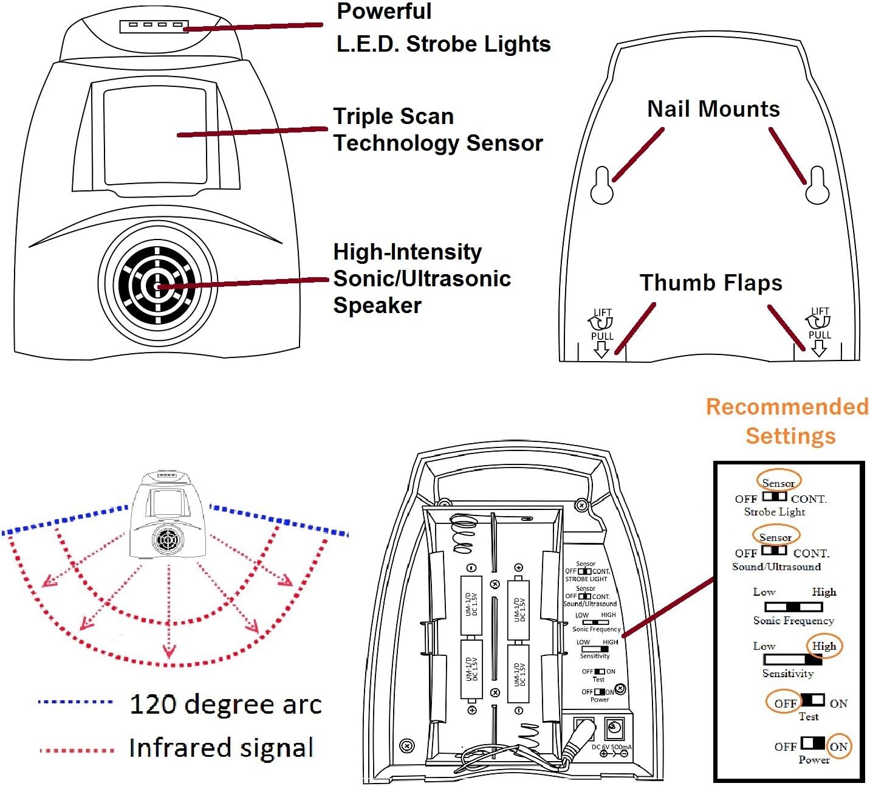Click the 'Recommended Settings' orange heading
pyautogui.click(x=787, y=421)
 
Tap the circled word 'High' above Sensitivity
pyautogui.click(x=824, y=646)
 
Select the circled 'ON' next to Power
pyautogui.click(x=838, y=746)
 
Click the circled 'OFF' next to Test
pyautogui.click(x=785, y=703)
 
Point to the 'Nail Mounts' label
pyautogui.click(x=713, y=109)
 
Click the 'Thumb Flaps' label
pyautogui.click(x=711, y=283)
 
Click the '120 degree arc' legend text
pyautogui.click(x=225, y=704)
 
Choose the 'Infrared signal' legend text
pyautogui.click(x=221, y=748)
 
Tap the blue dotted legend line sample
pyautogui.click(x=75, y=702)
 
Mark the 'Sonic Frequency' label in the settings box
pyautogui.click(x=793, y=621)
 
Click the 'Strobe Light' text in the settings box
pyautogui.click(x=775, y=512)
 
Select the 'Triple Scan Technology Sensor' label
pyautogui.click(x=437, y=129)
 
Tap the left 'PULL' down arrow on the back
pyautogui.click(x=601, y=348)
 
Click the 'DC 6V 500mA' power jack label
pyautogui.click(x=611, y=747)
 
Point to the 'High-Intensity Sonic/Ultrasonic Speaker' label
pyautogui.click(x=422, y=278)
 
